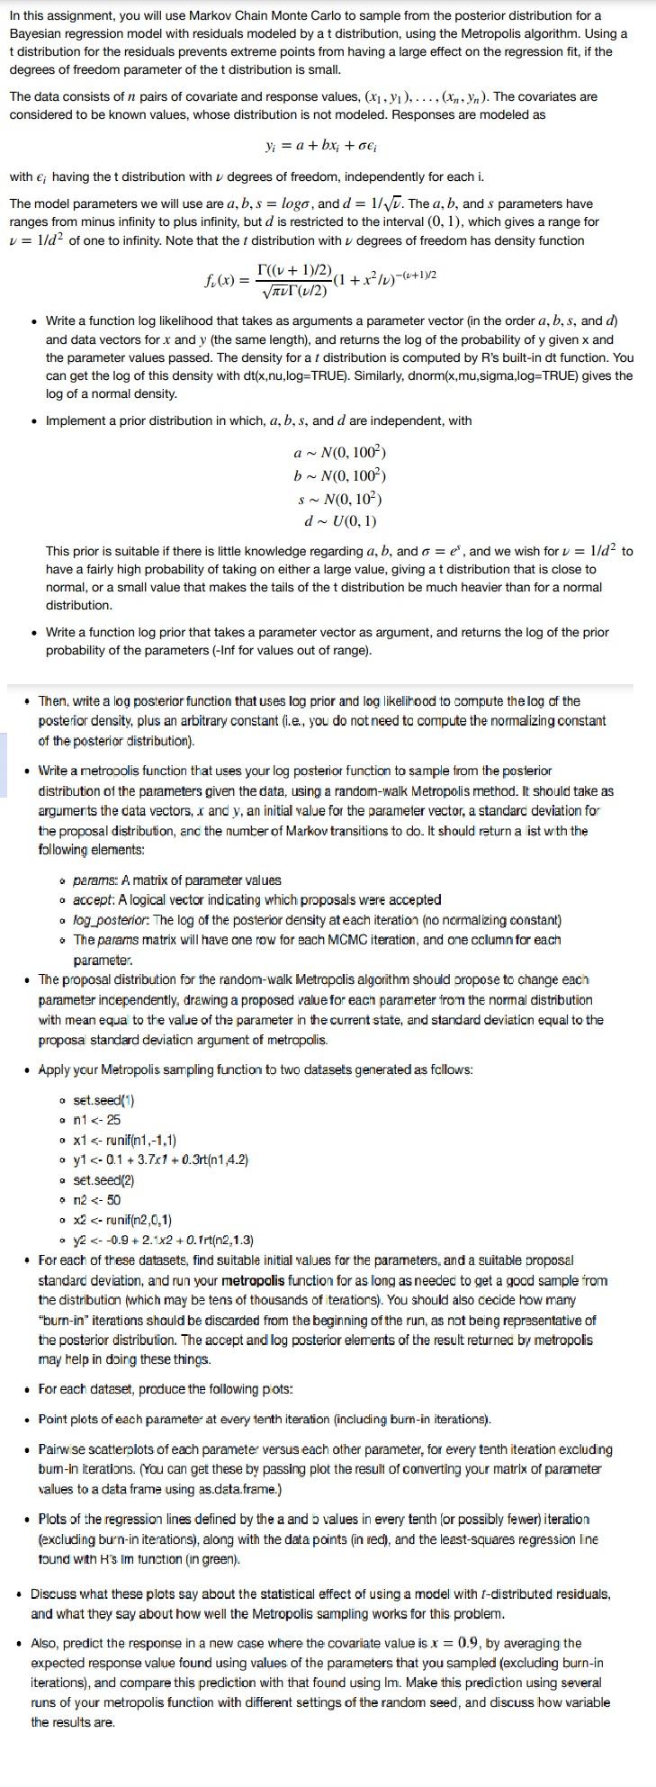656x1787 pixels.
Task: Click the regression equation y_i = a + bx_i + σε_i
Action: tap(328, 146)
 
